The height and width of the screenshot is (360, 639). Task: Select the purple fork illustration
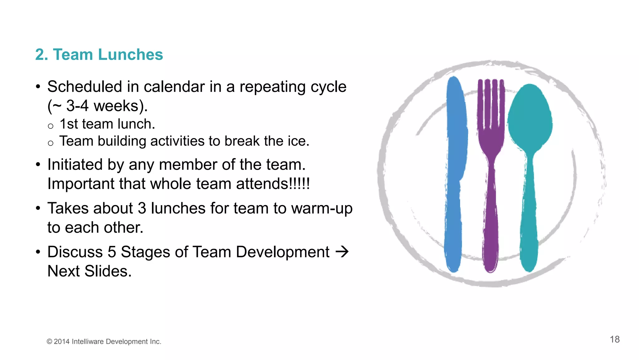tap(491, 187)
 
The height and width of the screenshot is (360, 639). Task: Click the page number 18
tap(615, 339)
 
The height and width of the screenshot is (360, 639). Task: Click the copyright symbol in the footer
tap(49, 342)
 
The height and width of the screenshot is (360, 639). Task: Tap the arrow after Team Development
tap(342, 252)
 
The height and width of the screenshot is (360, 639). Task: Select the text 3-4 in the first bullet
tap(77, 106)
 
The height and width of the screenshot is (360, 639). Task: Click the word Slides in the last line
tap(108, 271)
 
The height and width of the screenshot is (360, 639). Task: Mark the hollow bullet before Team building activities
tap(51, 143)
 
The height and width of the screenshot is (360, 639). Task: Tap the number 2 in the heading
tap(40, 55)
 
